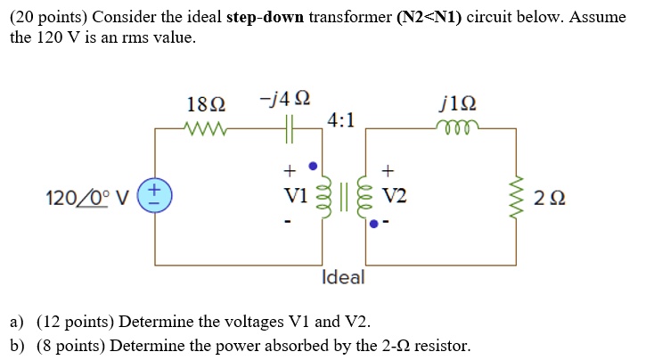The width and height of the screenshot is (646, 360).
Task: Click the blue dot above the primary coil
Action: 311,167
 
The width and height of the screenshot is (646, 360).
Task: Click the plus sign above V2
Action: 387,169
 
